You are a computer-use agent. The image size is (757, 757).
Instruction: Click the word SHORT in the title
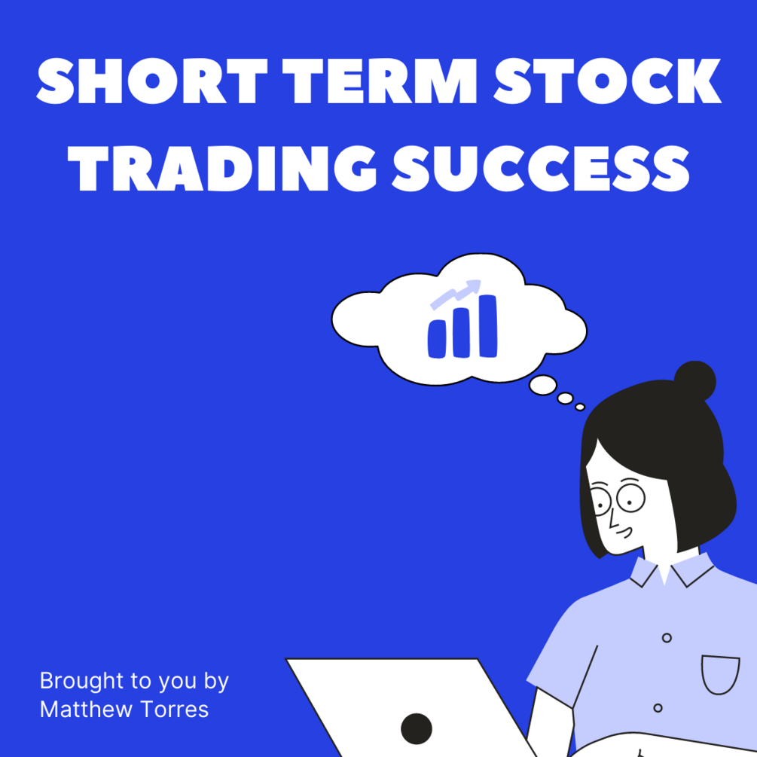[151, 81]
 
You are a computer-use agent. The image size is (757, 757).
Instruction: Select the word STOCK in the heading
[607, 81]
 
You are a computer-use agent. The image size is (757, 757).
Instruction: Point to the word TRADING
[222, 168]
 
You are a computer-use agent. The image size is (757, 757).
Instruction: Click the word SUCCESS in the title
[541, 168]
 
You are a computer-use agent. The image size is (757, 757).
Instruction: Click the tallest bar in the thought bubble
[488, 326]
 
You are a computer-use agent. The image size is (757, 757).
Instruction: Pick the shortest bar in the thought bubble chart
[437, 338]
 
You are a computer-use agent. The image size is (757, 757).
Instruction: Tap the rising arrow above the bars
[456, 292]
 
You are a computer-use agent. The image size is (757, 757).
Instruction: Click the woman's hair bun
[694, 380]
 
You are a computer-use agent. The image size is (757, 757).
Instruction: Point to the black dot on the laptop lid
[416, 728]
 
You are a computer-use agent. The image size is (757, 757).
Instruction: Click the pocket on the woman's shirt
[720, 674]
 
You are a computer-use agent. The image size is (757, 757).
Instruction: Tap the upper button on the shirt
[667, 638]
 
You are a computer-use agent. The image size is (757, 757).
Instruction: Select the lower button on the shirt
[658, 708]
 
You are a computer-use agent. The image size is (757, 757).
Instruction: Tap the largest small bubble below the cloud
[542, 385]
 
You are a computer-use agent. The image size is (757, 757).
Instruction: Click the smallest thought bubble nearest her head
[580, 407]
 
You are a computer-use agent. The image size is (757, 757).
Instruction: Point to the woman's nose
[612, 519]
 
